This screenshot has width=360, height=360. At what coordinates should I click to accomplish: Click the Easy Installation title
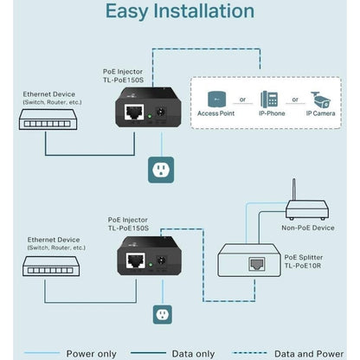tap(179, 12)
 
